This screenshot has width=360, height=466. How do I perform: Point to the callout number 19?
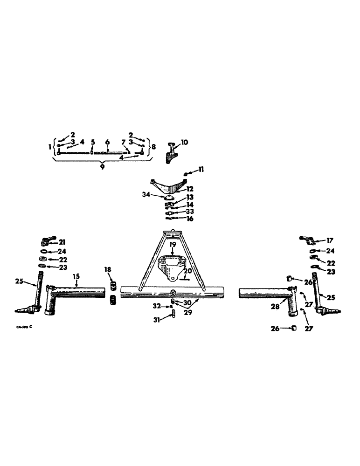pyautogui.click(x=173, y=244)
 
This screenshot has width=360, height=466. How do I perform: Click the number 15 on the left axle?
pyautogui.click(x=76, y=276)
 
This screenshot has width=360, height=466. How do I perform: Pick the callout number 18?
pyautogui.click(x=108, y=270)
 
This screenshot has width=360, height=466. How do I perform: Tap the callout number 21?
pyautogui.click(x=62, y=241)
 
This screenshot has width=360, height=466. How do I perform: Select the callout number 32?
pyautogui.click(x=157, y=306)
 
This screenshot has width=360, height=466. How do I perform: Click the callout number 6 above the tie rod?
pyautogui.click(x=107, y=142)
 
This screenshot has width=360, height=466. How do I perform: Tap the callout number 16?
pyautogui.click(x=190, y=219)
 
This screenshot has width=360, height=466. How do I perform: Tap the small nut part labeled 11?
pyautogui.click(x=186, y=174)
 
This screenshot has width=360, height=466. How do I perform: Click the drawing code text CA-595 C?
pyautogui.click(x=24, y=327)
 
